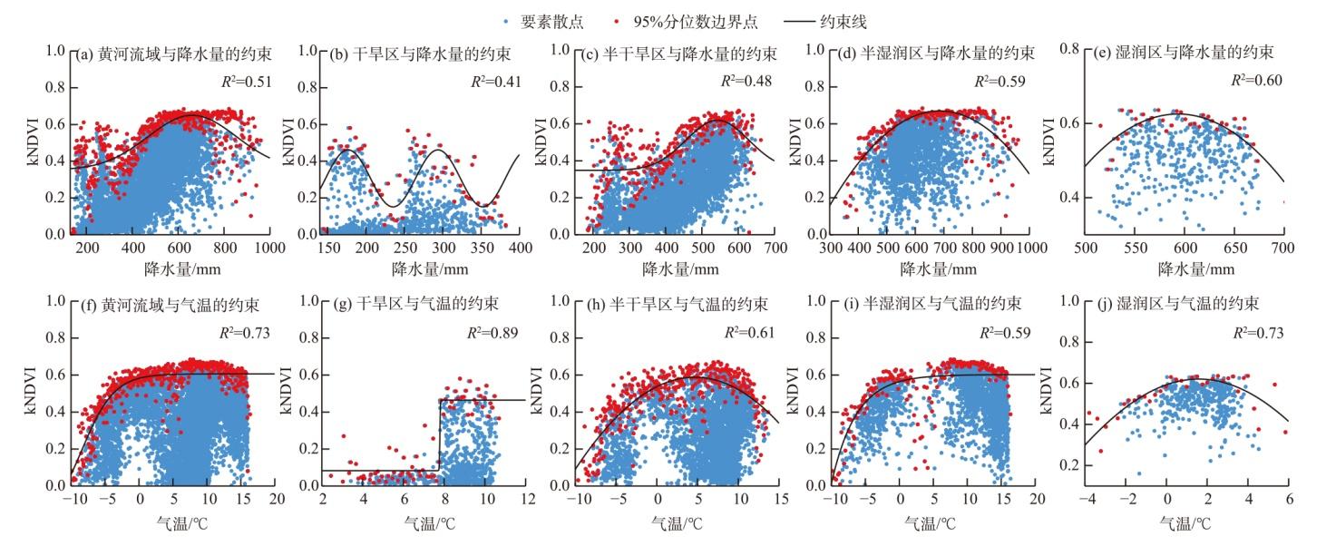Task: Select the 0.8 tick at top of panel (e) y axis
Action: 1072,51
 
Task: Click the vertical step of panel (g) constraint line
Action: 440,435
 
